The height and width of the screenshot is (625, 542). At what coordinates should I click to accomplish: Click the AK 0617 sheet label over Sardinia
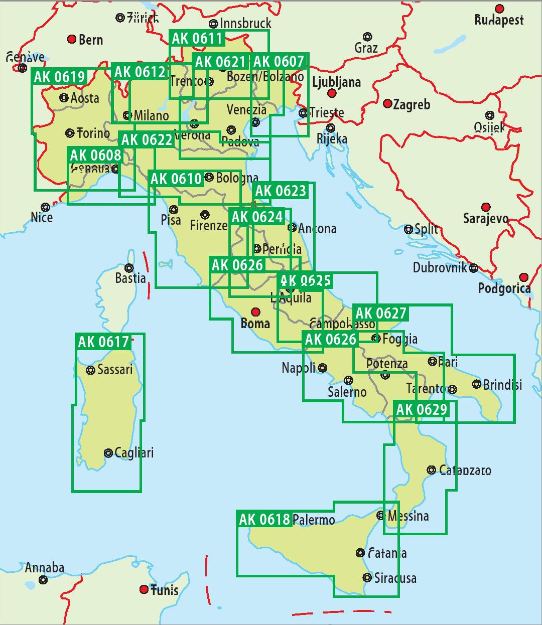click(104, 342)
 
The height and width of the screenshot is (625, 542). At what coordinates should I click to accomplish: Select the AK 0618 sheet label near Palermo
click(264, 519)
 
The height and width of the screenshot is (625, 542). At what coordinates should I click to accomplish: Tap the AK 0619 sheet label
click(59, 77)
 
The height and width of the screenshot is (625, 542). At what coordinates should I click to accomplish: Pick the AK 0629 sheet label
click(421, 410)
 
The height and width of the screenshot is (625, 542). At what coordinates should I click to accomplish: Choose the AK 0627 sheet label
click(380, 314)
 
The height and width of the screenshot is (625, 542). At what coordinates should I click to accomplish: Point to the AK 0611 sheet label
click(197, 39)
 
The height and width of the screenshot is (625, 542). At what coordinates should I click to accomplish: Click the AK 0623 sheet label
click(280, 191)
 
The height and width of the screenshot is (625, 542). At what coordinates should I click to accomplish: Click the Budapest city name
click(499, 21)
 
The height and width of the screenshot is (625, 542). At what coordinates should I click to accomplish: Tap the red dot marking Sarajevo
click(486, 207)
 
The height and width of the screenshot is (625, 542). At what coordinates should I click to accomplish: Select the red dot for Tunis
click(144, 589)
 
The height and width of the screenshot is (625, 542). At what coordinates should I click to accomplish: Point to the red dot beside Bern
click(72, 40)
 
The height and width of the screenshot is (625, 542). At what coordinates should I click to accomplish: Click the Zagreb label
click(412, 104)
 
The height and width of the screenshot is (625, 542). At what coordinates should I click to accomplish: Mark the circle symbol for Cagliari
click(108, 453)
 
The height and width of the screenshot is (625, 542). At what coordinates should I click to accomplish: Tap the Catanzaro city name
click(465, 470)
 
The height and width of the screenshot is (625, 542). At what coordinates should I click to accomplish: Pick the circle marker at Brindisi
click(476, 384)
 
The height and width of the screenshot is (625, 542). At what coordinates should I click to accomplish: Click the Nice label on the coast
click(42, 217)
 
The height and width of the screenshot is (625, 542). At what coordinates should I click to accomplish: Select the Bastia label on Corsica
click(130, 278)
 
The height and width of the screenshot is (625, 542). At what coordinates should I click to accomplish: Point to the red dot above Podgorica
click(524, 277)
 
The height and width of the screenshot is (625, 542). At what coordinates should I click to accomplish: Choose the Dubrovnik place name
click(440, 267)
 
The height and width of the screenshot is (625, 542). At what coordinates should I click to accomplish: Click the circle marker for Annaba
click(43, 580)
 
